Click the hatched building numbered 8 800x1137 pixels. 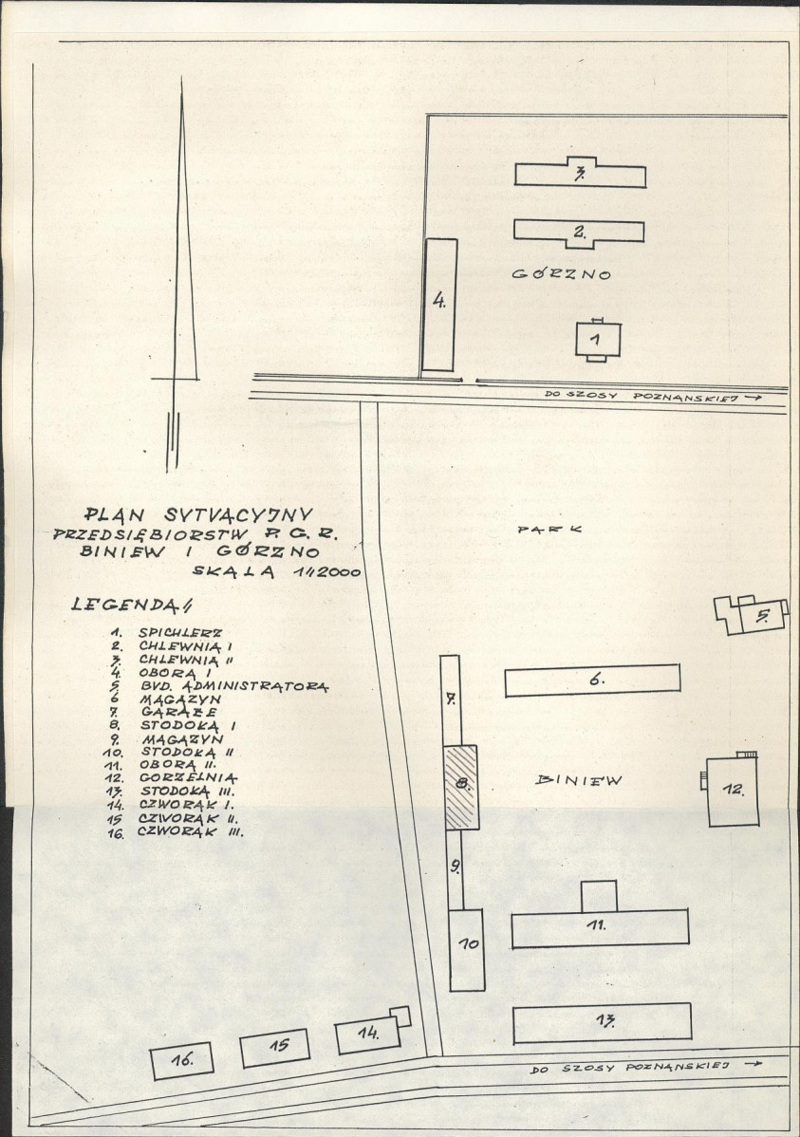460,787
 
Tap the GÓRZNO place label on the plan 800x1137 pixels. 562,274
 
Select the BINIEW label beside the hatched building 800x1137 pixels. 579,780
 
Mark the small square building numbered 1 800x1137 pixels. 598,340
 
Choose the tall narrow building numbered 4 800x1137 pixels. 439,306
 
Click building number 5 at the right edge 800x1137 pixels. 753,616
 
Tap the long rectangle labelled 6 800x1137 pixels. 592,680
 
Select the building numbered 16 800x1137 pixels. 183,1060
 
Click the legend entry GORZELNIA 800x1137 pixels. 189,778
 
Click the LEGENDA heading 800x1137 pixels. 131,604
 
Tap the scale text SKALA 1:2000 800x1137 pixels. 276,571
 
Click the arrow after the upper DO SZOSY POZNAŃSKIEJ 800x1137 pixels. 753,398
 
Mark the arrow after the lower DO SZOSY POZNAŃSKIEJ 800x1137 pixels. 753,1065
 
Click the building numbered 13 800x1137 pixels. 602,1023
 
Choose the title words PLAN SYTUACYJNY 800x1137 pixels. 198,514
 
